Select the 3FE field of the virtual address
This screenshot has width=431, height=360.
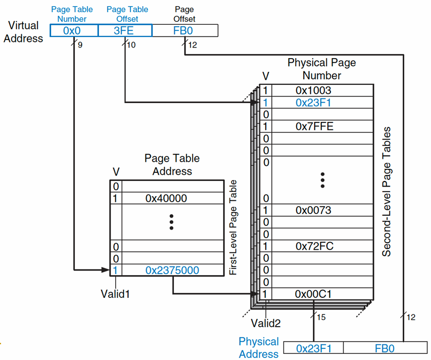click(125, 30)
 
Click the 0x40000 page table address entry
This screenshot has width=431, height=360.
click(166, 198)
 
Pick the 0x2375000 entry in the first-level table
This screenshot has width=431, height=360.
click(172, 271)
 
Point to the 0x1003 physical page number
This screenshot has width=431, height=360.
click(313, 91)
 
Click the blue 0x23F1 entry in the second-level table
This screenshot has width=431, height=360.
click(313, 103)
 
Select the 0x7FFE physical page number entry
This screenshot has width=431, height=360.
click(314, 126)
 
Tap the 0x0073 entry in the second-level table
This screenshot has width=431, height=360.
click(313, 210)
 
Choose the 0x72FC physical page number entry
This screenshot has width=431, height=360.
click(314, 246)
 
